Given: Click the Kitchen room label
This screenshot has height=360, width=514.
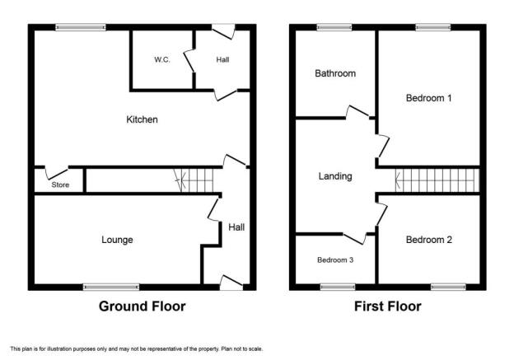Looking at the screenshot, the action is click(x=142, y=119).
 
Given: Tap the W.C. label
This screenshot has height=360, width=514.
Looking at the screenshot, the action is click(x=162, y=59).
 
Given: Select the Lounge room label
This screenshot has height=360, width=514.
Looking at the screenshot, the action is click(x=117, y=240).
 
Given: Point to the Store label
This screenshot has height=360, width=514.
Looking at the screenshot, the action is click(x=60, y=185).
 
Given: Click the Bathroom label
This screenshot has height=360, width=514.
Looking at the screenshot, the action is click(x=335, y=73).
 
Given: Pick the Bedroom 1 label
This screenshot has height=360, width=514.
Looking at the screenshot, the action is click(x=429, y=98).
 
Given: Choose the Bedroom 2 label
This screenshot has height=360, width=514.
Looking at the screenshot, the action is click(x=429, y=240).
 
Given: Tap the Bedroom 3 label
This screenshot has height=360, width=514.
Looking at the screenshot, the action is click(x=335, y=260).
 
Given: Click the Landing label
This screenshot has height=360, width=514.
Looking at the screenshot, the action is click(x=335, y=176).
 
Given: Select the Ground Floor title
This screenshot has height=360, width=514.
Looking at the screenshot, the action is click(x=142, y=306).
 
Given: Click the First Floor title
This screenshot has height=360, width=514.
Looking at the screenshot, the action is click(x=387, y=306).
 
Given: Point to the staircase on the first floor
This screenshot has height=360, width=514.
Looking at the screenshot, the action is click(x=437, y=180).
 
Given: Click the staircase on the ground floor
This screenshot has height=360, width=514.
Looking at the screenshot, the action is click(x=194, y=180).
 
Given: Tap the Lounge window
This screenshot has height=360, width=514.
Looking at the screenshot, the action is click(x=111, y=288).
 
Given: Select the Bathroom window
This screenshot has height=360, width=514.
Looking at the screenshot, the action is click(x=334, y=27).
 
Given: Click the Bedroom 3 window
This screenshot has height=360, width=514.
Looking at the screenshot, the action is click(x=338, y=288).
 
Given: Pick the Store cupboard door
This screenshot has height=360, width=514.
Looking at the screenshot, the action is click(x=56, y=173).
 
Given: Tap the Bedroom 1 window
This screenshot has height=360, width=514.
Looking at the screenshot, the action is click(x=433, y=27).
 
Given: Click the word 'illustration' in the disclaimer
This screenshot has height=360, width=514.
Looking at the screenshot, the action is click(x=59, y=348).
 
